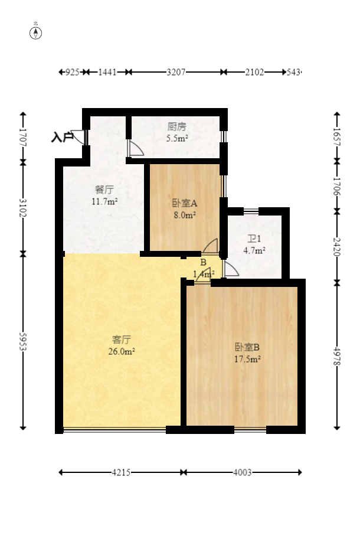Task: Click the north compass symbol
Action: (36, 32)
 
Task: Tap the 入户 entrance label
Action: (61, 138)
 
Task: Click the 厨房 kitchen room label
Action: (176, 126)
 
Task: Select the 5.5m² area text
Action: (177, 139)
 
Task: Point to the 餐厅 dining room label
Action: (104, 190)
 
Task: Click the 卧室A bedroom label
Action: (184, 203)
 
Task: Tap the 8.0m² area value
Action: (184, 216)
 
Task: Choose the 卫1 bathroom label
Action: (254, 239)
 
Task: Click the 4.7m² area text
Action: (254, 250)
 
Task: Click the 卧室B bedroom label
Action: (248, 346)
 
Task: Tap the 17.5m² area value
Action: (248, 358)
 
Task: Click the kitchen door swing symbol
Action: (136, 148)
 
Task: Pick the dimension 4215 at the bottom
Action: (122, 472)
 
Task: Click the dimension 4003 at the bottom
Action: (243, 472)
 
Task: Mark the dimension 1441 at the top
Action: (107, 72)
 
